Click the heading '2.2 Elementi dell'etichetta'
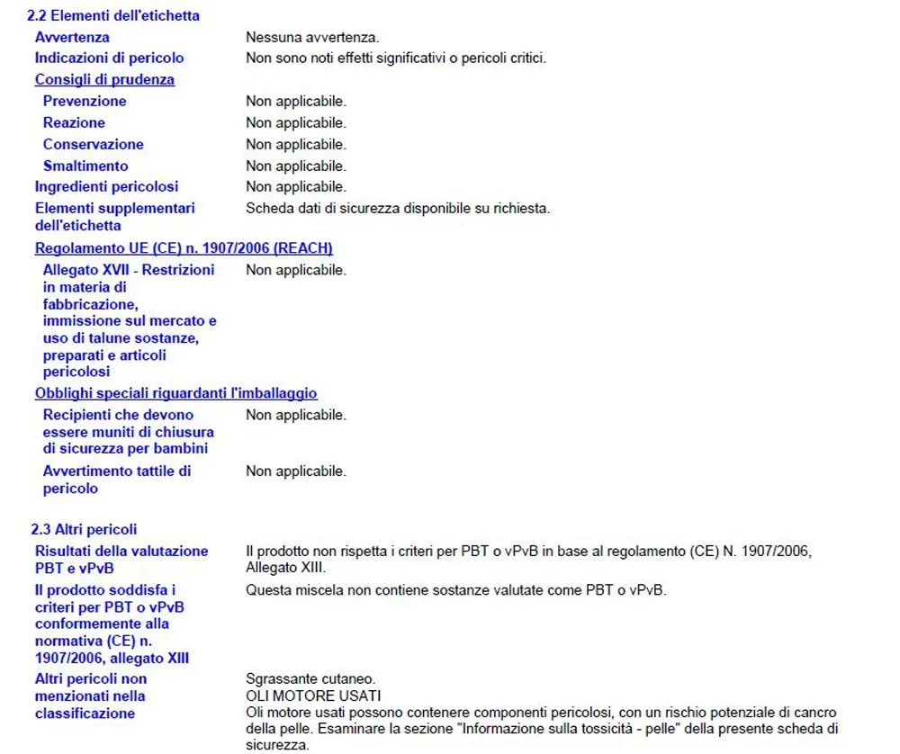[x=113, y=15]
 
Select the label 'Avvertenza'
[x=72, y=37]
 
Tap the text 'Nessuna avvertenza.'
[x=312, y=37]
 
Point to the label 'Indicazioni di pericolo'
[x=109, y=58]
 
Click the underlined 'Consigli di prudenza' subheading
[x=104, y=79]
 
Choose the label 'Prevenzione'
[x=85, y=101]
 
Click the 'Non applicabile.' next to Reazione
[x=295, y=122]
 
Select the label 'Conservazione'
[x=93, y=144]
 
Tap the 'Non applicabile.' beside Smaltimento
[x=295, y=166]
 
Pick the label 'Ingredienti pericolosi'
[x=106, y=186]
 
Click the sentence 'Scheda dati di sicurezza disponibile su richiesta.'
[x=397, y=208]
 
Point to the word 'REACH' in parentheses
[x=304, y=248]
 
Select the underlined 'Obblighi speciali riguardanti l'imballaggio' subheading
[x=175, y=393]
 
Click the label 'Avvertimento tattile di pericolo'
[x=116, y=480]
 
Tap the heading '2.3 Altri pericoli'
[x=84, y=529]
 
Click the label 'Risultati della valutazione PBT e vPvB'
[x=121, y=559]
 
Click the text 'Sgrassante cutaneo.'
[x=310, y=678]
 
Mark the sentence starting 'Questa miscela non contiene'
[x=455, y=590]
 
